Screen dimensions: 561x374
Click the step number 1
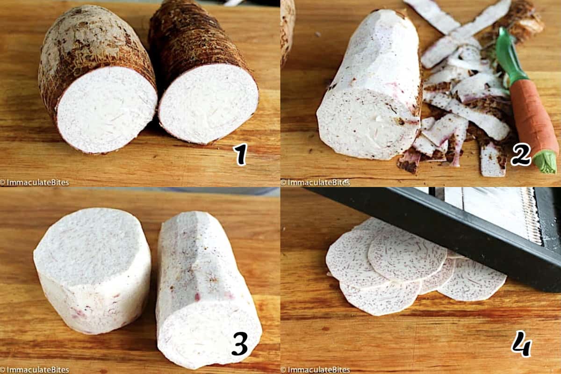click(240, 154)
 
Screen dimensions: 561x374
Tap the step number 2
click(521, 154)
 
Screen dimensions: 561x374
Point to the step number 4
click(521, 344)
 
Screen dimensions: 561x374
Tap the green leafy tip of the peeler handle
click(546, 162)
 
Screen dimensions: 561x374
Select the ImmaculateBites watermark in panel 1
click(35, 182)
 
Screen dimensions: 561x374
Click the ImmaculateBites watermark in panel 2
click(315, 182)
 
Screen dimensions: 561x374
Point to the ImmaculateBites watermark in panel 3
click(35, 370)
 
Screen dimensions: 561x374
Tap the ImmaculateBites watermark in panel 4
click(315, 370)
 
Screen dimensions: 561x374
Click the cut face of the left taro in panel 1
click(107, 109)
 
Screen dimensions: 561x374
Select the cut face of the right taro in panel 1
click(209, 103)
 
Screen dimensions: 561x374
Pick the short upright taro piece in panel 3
click(92, 271)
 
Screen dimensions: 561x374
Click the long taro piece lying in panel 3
click(208, 291)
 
